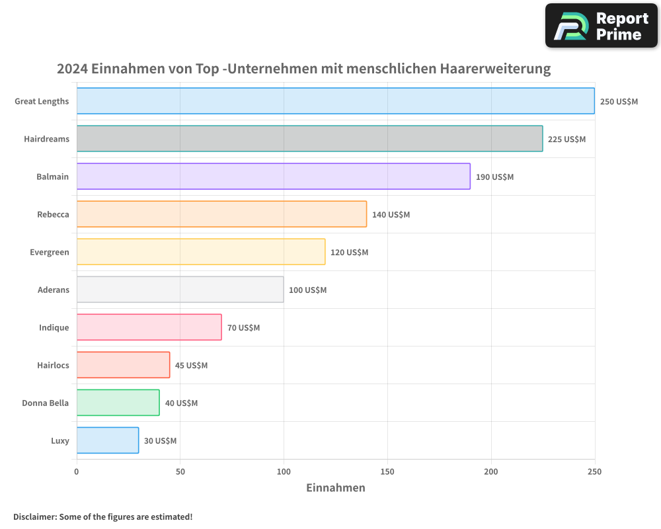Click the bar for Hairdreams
(309, 139)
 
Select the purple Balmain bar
(273, 177)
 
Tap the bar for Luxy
(108, 440)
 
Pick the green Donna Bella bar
(118, 403)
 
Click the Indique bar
(149, 327)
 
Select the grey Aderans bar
(180, 290)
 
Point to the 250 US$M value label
(619, 102)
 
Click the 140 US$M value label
(391, 215)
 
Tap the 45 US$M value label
(191, 366)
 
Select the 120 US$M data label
(349, 253)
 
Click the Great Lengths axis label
(42, 101)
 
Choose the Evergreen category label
(49, 252)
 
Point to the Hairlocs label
(53, 365)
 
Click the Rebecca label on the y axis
(53, 214)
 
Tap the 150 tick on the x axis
(387, 471)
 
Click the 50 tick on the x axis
(180, 471)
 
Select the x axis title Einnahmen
(335, 488)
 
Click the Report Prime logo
(602, 26)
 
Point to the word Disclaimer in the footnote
(34, 516)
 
